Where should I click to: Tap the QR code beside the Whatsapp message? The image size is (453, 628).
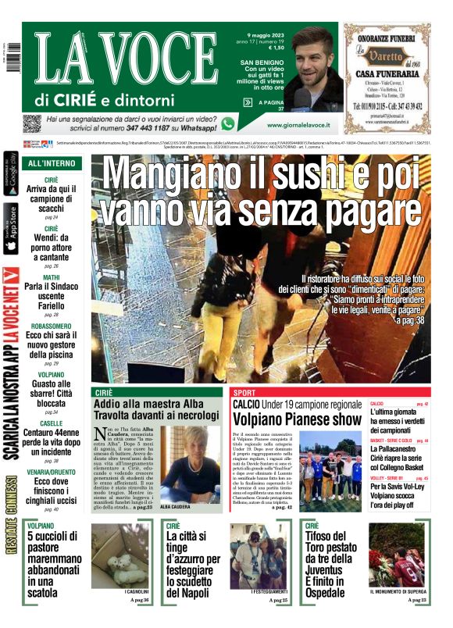click(31, 123)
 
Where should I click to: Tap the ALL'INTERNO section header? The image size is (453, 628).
click(52, 163)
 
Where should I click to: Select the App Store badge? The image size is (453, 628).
click(11, 229)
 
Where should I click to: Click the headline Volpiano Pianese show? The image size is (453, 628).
click(297, 419)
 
